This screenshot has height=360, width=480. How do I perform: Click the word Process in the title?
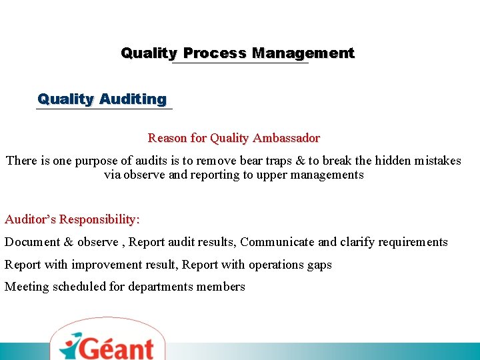215,53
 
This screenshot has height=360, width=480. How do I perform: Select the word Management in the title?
303,53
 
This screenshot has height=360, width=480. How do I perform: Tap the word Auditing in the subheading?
133,99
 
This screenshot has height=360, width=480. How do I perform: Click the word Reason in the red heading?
167,139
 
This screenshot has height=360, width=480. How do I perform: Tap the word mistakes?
437,161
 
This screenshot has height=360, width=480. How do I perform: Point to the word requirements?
411,242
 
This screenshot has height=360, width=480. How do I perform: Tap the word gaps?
319,265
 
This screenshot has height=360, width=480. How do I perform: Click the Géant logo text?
115,347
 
